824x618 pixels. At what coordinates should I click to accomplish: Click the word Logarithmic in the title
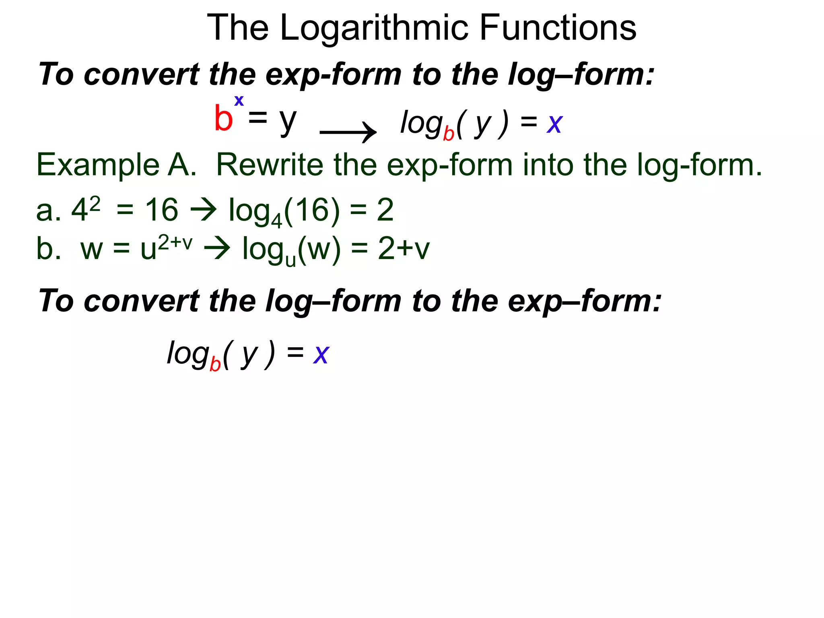tap(374, 28)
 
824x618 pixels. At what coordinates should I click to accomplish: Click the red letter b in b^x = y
tap(223, 118)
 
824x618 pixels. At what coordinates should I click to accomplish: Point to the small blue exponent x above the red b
tap(239, 101)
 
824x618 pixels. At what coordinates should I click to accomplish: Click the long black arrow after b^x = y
tap(348, 132)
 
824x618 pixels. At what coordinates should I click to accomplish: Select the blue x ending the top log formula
tap(554, 124)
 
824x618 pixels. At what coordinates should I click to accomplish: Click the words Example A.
tap(116, 165)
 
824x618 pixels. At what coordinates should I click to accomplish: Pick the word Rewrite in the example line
tap(270, 165)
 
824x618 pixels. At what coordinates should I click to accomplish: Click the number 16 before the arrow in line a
tap(161, 210)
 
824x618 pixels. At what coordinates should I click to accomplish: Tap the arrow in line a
tap(203, 210)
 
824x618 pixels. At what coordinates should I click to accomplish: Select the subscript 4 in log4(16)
tap(276, 221)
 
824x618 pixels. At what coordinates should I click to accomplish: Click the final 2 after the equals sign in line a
tap(385, 210)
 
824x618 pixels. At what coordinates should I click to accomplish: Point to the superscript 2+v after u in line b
tap(175, 243)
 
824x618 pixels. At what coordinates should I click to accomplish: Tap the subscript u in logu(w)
tap(290, 260)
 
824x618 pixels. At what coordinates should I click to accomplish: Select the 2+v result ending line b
tap(404, 249)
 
